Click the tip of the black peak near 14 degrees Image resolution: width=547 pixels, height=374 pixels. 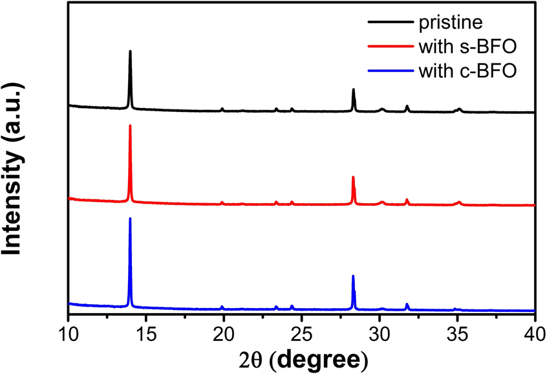[131, 51]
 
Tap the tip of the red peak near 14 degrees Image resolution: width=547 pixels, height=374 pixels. [131, 126]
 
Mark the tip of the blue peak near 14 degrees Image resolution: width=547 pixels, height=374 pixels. [131, 219]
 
